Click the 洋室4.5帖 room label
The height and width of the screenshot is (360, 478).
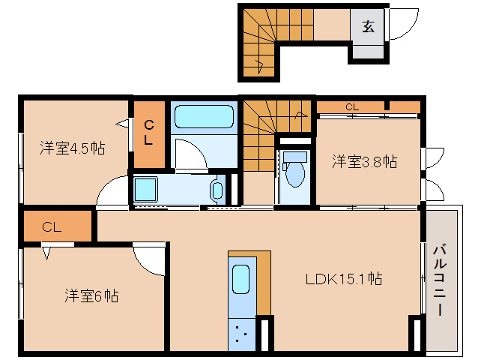point(72,148)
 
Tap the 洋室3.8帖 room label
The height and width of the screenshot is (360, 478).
point(365,161)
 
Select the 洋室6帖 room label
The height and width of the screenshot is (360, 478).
point(90,295)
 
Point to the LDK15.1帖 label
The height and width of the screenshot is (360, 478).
point(344,279)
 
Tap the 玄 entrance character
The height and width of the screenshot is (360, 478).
point(368,27)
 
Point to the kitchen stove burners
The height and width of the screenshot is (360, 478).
point(240,332)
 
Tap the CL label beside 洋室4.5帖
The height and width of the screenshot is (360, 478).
point(148,132)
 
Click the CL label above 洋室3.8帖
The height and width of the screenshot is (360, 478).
point(352,107)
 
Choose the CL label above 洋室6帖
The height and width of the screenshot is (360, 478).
point(51,226)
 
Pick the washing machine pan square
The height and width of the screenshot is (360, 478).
point(146,189)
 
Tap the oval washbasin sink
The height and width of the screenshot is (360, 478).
point(217,190)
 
